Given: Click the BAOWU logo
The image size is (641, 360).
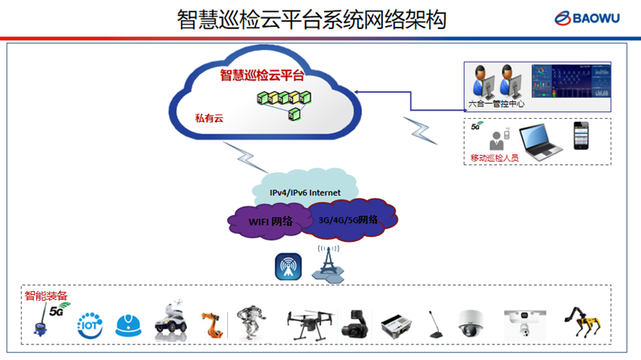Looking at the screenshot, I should coord(592,18).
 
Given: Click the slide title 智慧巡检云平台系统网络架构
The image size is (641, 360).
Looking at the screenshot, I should coord(312,19).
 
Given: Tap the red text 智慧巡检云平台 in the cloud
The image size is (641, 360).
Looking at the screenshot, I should coord(261,75).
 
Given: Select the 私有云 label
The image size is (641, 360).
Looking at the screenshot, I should coord(208,118).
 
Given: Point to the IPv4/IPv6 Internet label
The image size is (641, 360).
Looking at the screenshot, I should coord(305,193).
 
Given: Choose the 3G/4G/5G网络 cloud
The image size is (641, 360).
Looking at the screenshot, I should coord(348,219).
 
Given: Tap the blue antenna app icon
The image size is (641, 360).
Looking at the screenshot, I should coord(288,267).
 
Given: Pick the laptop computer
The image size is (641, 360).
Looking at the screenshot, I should coord(542,141).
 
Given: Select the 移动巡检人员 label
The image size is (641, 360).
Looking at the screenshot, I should coord(495,158).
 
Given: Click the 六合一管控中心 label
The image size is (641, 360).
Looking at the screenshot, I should coord(497,104).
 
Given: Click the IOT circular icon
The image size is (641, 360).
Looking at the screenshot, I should coord(90,325).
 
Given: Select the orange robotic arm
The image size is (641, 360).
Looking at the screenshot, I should coord(211,324).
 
